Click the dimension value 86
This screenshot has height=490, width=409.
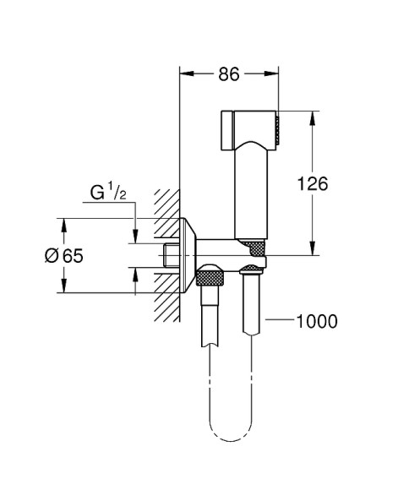point(229,74)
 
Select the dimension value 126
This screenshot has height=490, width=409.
point(313,183)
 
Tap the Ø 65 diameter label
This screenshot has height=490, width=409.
point(64,256)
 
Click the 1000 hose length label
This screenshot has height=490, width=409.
point(317,321)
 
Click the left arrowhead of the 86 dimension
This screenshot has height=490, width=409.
point(187,73)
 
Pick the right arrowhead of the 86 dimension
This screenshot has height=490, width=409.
point(271,73)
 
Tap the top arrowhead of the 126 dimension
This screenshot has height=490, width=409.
point(313,118)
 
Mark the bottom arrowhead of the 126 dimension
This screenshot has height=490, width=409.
point(313,248)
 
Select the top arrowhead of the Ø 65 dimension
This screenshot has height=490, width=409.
point(63,225)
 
